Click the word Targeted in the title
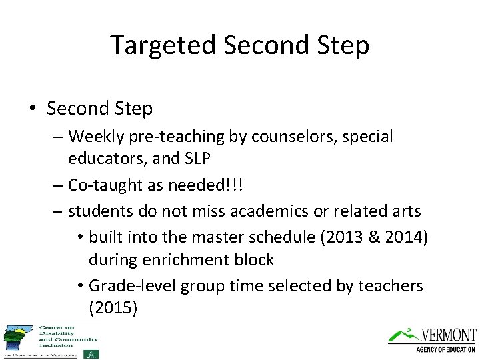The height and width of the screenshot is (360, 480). [x=163, y=45]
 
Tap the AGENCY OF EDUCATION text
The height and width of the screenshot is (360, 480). [x=445, y=349]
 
